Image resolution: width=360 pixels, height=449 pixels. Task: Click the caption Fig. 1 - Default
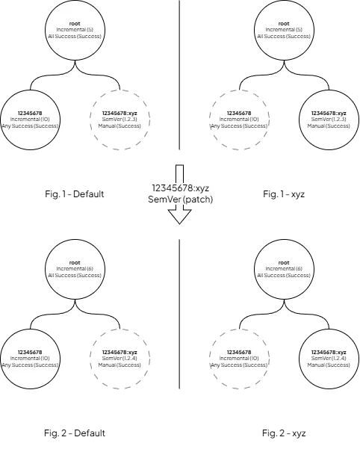[x=75, y=193]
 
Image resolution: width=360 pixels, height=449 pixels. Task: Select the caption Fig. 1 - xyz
[x=284, y=193]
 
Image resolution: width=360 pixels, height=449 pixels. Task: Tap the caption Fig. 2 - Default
[x=75, y=433]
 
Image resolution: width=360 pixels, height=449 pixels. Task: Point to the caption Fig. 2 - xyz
[x=284, y=433]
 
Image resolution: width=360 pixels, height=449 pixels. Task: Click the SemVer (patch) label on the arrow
[x=180, y=199]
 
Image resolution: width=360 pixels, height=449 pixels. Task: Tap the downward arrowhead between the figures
[x=179, y=217]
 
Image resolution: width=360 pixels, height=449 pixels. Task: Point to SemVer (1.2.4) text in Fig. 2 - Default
[x=120, y=359]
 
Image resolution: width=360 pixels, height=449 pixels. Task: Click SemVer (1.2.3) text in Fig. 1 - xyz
[x=329, y=120]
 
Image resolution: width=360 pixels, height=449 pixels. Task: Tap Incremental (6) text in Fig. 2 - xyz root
[x=284, y=269]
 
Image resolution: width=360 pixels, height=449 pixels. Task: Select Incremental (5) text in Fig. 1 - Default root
[x=75, y=30]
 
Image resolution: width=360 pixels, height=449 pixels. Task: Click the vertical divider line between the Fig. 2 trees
[x=179, y=314]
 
